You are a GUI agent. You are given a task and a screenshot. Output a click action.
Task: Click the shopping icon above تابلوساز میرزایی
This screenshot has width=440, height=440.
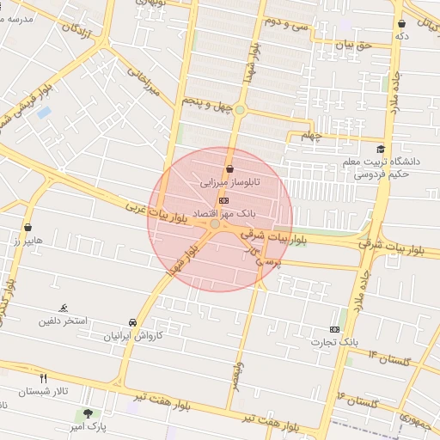(229, 169)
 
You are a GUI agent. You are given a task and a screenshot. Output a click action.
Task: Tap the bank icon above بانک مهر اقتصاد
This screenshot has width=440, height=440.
(224, 199)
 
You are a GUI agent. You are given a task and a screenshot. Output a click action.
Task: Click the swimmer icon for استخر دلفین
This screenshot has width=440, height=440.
(63, 308)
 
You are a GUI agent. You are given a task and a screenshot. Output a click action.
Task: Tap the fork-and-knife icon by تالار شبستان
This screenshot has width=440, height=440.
(43, 377)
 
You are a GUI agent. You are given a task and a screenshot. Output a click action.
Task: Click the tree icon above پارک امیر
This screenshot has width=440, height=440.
(87, 413)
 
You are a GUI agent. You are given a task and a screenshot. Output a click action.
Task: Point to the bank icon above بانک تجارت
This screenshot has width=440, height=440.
(334, 329)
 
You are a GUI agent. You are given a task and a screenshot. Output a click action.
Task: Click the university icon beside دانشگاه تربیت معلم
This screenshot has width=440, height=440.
(380, 147)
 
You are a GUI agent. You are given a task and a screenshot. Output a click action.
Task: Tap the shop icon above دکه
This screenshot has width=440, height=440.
(401, 24)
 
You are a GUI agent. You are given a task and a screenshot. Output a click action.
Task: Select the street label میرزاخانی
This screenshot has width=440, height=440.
(144, 82)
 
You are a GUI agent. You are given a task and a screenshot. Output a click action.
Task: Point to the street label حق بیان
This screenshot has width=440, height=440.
(352, 45)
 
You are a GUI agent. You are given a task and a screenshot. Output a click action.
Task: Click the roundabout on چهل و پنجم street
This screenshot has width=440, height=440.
(240, 109)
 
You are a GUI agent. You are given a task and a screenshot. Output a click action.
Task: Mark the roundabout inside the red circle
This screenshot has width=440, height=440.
(214, 223)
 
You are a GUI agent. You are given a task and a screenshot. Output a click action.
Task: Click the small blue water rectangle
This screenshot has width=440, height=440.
(44, 113)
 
